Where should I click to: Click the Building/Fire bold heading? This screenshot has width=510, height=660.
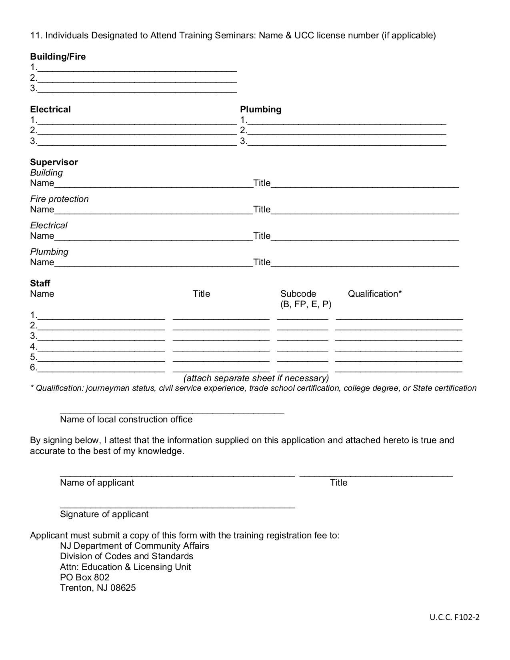tap(58, 56)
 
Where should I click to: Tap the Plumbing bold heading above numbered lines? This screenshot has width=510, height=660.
tap(260, 109)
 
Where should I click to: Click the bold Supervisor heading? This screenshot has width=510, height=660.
tap(54, 162)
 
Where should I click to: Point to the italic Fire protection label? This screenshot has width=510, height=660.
tap(59, 199)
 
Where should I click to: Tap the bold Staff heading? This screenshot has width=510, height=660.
tap(40, 283)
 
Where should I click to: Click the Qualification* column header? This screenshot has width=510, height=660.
tap(375, 294)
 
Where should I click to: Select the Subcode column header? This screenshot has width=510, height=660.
tap(298, 294)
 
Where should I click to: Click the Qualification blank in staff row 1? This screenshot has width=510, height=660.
tap(399, 316)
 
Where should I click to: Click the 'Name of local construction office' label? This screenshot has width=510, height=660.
tap(126, 419)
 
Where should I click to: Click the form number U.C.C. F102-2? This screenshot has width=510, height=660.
tap(454, 617)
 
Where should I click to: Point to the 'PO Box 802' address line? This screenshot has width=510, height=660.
tap(84, 577)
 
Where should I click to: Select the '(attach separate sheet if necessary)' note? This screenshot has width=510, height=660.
tap(256, 378)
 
